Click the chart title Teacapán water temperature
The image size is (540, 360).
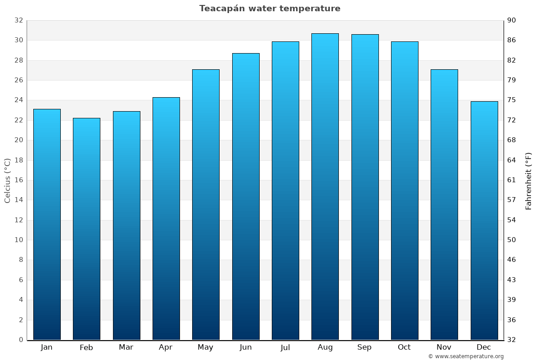pos(270,9)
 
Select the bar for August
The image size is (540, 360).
pos(325,187)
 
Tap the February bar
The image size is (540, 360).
pos(86,229)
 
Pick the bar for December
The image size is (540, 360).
pos(484,220)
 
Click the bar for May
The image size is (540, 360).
pos(206,205)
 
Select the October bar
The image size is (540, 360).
pos(405,190)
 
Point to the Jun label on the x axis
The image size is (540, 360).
pos(246,347)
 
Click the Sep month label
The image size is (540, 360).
pos(364,347)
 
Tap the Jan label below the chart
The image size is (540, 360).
pos(47,347)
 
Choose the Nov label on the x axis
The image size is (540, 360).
pos(444,347)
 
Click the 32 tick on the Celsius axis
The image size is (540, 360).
pos(18,20)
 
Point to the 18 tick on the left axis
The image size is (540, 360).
pos(18,160)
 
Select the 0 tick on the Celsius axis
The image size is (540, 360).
pos(21,340)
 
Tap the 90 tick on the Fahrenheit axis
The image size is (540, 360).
pos(512,20)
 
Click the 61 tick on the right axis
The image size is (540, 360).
pos(512,180)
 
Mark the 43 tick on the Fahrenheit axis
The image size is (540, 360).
pos(512,280)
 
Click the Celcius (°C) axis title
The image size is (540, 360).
pos(7,180)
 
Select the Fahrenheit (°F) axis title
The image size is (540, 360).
pos(529,180)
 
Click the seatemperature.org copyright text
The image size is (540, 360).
pos(465,356)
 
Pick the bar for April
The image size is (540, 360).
pos(166,218)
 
